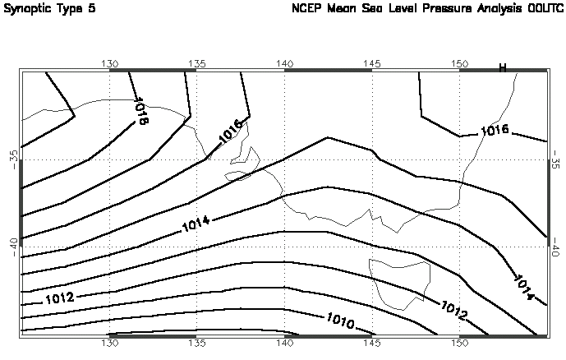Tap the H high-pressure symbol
[x=503, y=67]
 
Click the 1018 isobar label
[x=140, y=112]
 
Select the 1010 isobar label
[x=340, y=321]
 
